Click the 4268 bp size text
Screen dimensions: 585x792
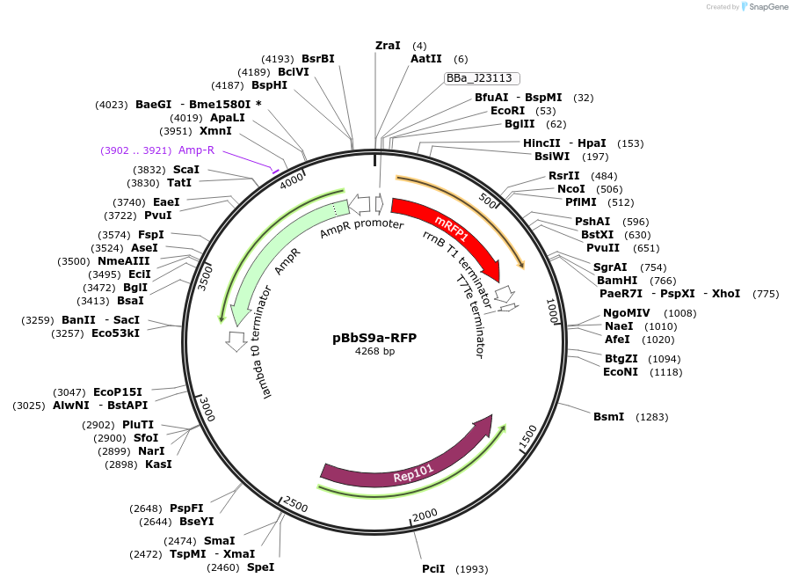pos(375,351)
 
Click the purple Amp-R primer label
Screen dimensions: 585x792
pos(196,150)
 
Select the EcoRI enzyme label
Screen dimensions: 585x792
pos(507,111)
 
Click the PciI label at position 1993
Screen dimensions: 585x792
pos(433,569)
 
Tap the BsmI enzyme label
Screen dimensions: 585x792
pos(608,416)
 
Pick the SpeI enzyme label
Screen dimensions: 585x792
pos(260,567)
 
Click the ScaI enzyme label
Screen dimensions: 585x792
pos(185,169)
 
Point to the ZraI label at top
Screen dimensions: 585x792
pos(388,45)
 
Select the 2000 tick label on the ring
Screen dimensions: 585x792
pos(425,515)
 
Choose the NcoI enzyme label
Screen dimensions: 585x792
pos(571,189)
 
